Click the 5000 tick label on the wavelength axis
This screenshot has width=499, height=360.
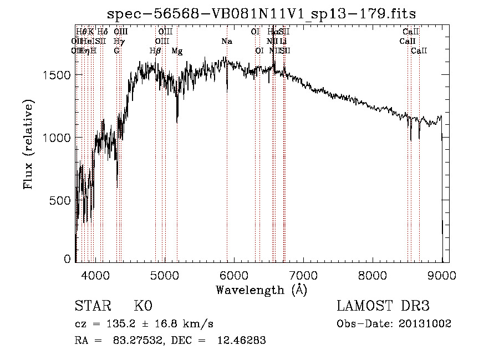pyautogui.click(x=164, y=275)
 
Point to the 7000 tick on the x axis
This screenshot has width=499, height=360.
pyautogui.click(x=303, y=275)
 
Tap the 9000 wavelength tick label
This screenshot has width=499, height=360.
pyautogui.click(x=441, y=275)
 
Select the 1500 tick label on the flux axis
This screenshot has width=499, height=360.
pyautogui.click(x=58, y=75)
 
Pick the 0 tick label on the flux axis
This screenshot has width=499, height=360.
pyautogui.click(x=67, y=259)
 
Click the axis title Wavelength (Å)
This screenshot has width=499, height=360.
pyautogui.click(x=261, y=289)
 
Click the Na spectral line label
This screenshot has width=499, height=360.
pyautogui.click(x=226, y=41)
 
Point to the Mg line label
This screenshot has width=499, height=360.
pyautogui.click(x=177, y=50)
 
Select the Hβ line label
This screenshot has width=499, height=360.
pyautogui.click(x=155, y=50)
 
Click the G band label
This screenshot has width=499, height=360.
pyautogui.click(x=117, y=50)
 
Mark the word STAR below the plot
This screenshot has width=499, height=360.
pyautogui.click(x=91, y=306)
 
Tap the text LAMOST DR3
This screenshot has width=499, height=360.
pyautogui.click(x=383, y=306)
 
